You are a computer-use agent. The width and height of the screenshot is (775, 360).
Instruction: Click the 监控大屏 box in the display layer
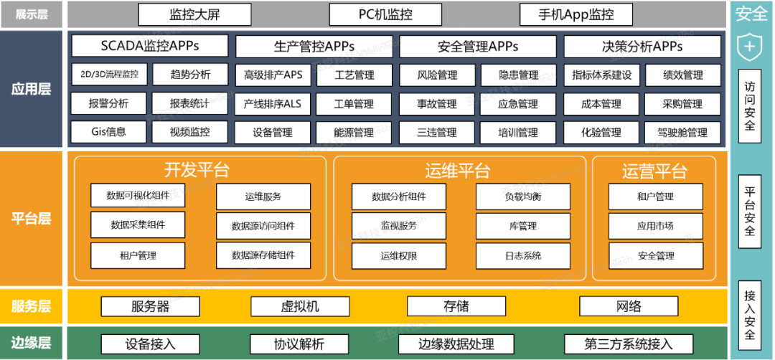194,14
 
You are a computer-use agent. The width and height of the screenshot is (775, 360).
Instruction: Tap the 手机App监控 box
576,14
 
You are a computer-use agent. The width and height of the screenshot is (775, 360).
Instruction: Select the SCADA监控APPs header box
150,47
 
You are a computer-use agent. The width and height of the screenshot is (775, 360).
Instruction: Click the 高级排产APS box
273,75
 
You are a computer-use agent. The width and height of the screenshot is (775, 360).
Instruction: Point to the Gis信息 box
108,132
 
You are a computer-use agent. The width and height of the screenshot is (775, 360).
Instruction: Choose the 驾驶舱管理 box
682,133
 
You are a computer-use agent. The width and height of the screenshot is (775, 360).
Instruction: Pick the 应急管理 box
518,104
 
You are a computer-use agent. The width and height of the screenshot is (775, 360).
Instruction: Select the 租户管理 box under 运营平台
655,196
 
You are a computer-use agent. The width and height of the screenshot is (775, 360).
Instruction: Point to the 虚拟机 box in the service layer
299,306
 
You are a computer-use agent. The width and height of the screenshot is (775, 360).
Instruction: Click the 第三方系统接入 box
628,344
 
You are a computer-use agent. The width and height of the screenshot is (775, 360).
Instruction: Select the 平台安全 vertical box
750,212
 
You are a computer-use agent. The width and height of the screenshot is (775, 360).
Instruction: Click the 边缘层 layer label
32,343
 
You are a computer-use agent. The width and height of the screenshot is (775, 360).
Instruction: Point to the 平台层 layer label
32,219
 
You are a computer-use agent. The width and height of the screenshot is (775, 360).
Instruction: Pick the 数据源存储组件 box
263,255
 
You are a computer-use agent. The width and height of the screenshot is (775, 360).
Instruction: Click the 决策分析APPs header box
642,47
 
